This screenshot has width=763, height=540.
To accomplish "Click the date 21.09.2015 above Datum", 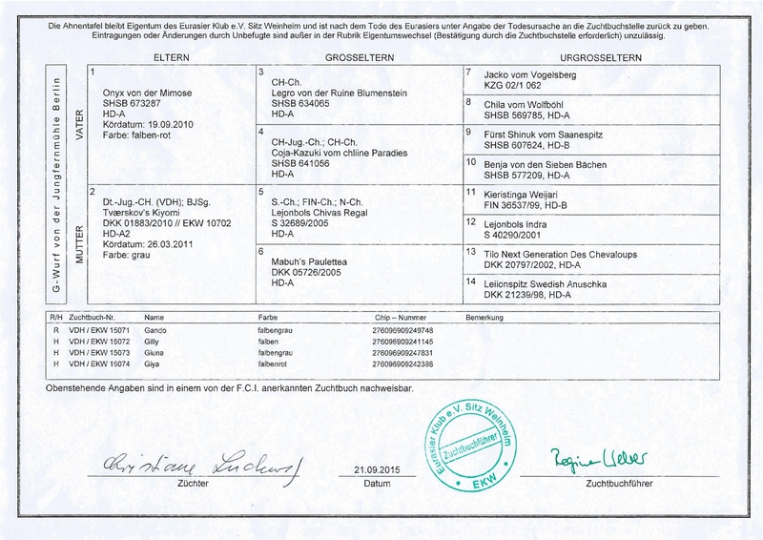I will coord(373,470).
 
